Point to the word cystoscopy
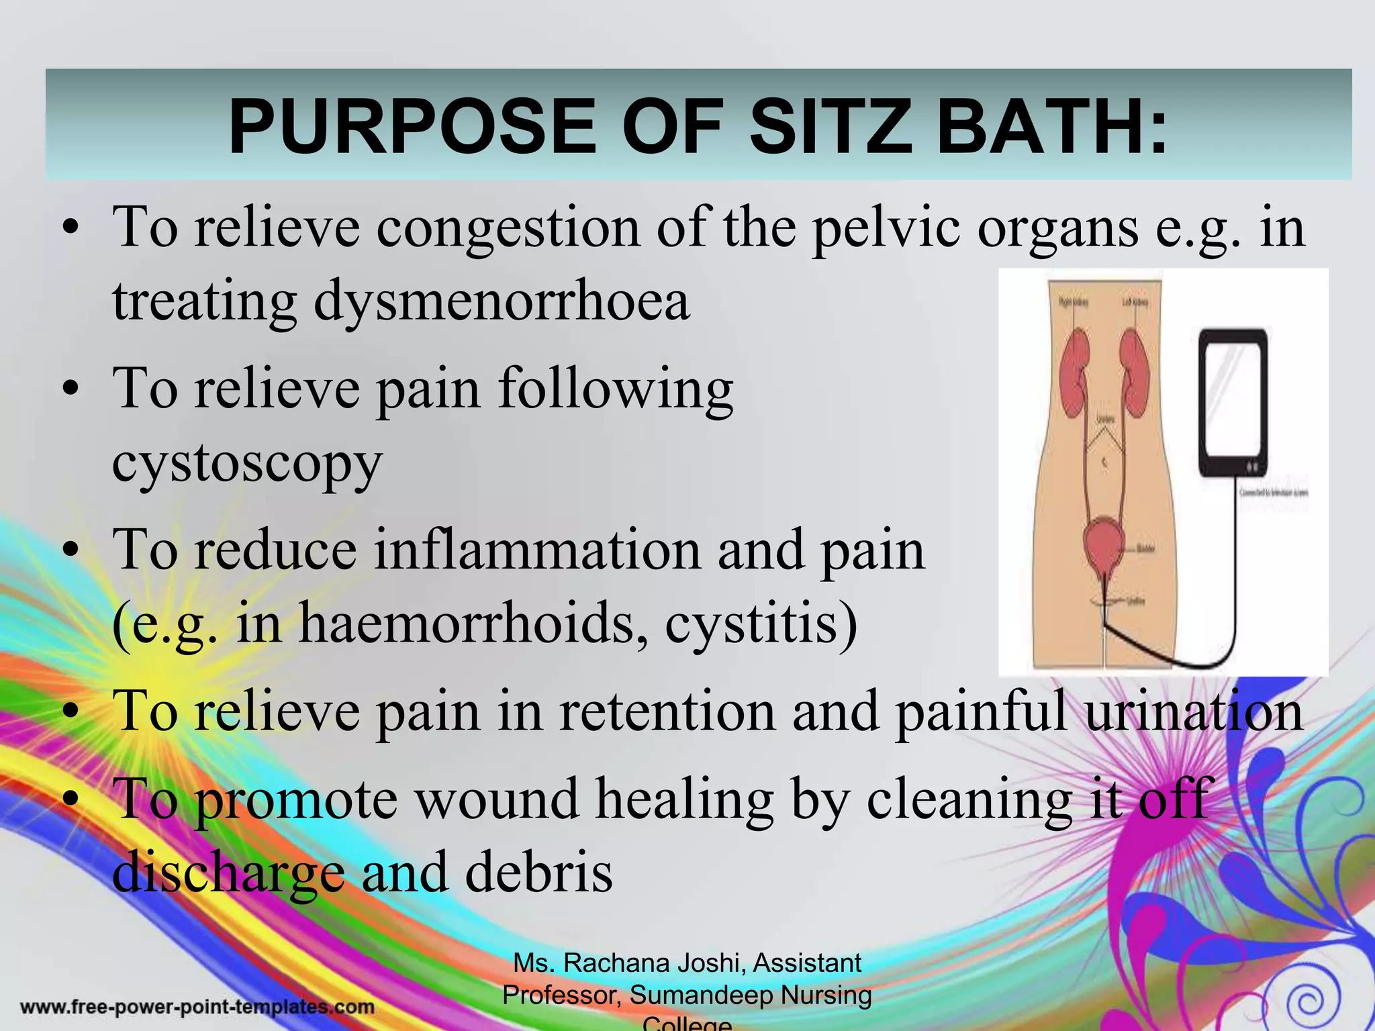[247, 463]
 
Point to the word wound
[497, 799]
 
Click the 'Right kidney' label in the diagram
[1073, 303]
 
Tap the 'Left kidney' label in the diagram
[1135, 303]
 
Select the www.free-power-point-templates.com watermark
[197, 1007]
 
